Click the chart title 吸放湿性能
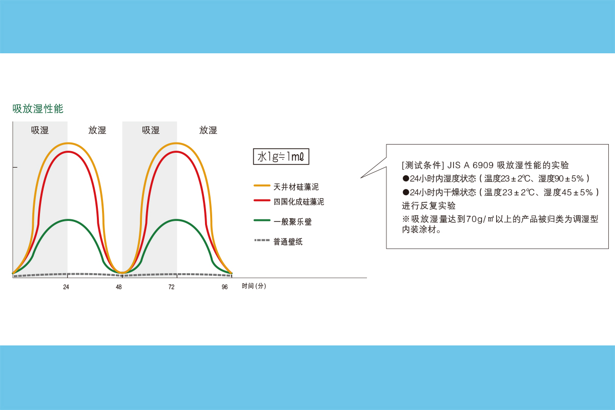[x=38, y=109]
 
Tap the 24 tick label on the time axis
[x=66, y=287]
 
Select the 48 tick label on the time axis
[x=118, y=287]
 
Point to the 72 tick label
[x=171, y=287]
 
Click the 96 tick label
[x=224, y=287]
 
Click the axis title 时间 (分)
[x=254, y=286]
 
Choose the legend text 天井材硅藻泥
[x=296, y=187]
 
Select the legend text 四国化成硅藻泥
[x=299, y=202]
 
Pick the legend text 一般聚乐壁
[x=293, y=221]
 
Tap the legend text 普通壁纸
[x=288, y=242]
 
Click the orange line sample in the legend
[x=262, y=186]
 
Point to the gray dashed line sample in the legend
[x=262, y=240]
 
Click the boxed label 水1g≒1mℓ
[x=281, y=156]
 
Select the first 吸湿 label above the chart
[x=40, y=130]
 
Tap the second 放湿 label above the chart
[x=208, y=130]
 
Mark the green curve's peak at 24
[x=68, y=220]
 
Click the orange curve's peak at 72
[x=176, y=143]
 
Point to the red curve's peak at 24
[x=68, y=152]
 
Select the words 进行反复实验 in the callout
[x=428, y=206]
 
